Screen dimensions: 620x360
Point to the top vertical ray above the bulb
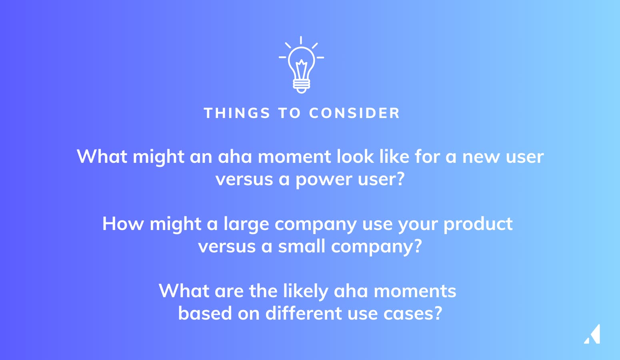point(301,40)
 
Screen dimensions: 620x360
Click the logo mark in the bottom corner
point(592,334)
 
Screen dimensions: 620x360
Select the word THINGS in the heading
point(237,113)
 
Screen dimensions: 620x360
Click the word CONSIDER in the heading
point(354,113)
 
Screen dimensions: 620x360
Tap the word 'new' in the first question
point(481,157)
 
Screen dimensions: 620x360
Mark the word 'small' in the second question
point(302,246)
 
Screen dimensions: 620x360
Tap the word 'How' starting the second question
point(123,224)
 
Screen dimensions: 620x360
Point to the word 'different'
point(304,313)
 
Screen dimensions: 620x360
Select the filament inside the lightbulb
point(302,69)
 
